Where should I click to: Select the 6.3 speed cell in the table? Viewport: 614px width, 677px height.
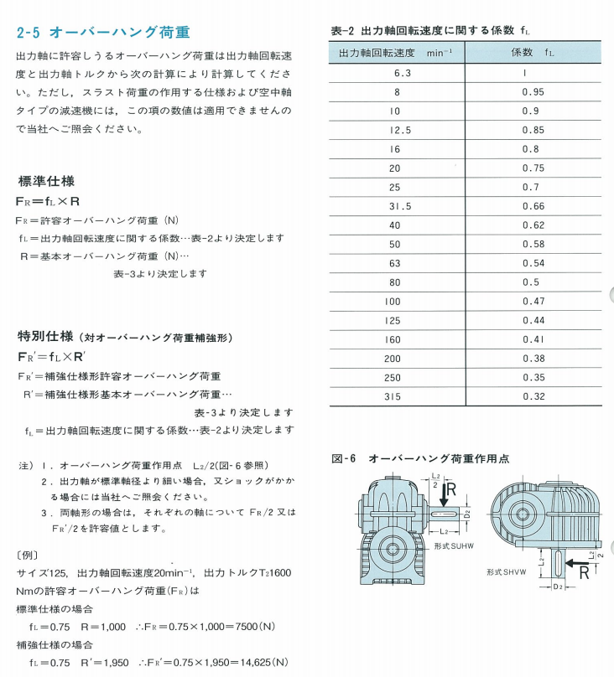coord(397,73)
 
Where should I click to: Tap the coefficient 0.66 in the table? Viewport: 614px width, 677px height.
coord(533,206)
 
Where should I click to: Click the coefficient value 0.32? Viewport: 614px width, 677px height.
coord(533,396)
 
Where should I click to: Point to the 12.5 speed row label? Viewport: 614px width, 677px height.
coord(397,130)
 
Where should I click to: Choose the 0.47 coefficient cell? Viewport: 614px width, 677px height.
coord(533,301)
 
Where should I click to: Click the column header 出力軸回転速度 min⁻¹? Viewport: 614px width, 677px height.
coord(395,53)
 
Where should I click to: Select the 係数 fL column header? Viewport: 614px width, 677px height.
coord(533,53)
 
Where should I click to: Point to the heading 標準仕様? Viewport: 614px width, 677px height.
coord(46,181)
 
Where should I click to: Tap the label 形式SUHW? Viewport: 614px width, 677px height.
coord(454,545)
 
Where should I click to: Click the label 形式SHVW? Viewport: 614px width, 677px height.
coord(507,572)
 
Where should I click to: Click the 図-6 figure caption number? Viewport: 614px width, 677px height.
coord(345,458)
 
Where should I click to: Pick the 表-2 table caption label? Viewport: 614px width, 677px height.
coord(344,31)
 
